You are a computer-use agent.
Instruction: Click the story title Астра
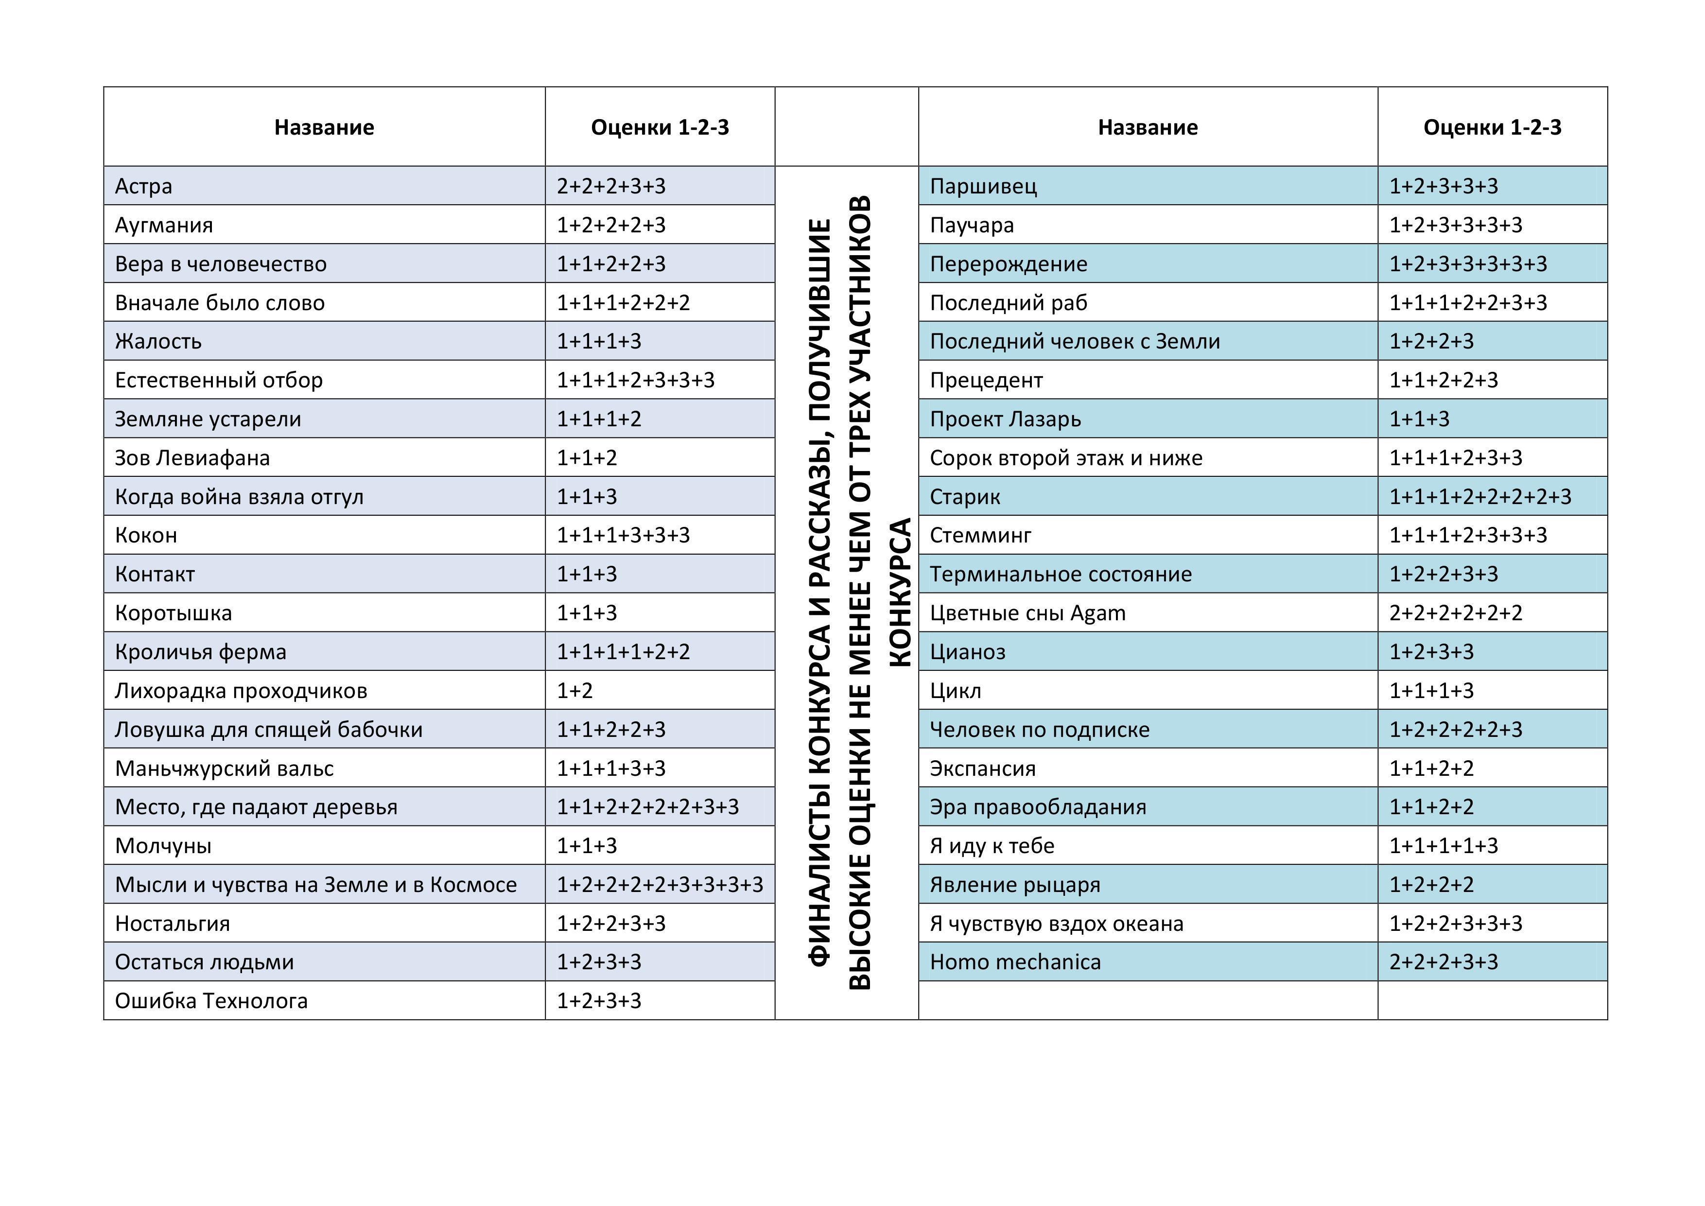click(x=143, y=186)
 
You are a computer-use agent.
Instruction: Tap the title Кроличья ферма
click(x=201, y=651)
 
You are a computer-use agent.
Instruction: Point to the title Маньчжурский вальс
click(x=224, y=768)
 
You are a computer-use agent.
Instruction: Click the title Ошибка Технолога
click(x=211, y=1000)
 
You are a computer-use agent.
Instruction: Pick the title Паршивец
click(x=983, y=186)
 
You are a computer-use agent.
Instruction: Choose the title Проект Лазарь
click(x=1006, y=419)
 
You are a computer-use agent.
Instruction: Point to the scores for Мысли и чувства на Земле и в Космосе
click(x=660, y=885)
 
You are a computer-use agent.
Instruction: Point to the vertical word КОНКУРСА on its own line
click(x=899, y=593)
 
